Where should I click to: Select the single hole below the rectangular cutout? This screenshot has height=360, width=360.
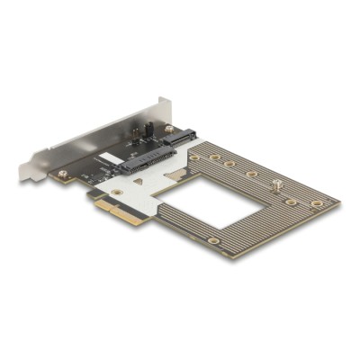tap(212, 240)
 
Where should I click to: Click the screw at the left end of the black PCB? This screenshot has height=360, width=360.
tap(62, 173)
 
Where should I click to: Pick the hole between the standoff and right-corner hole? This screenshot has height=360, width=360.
tap(291, 202)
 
